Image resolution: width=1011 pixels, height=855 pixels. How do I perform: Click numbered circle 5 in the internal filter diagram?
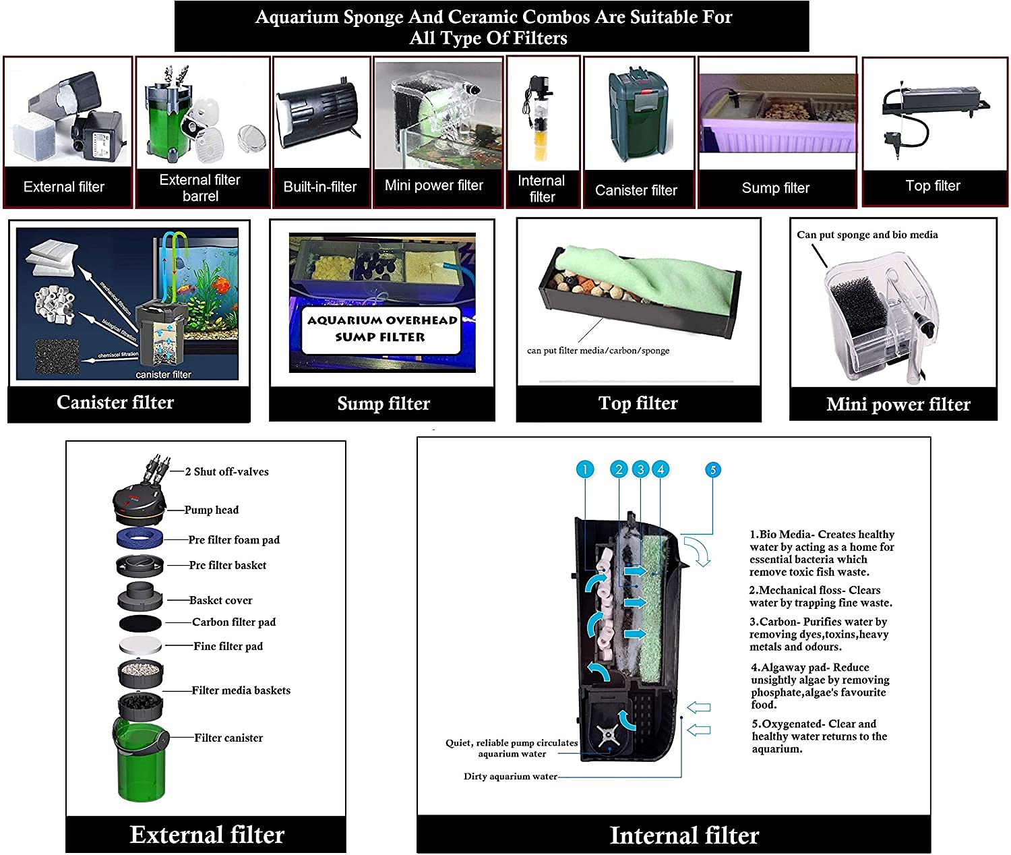[712, 470]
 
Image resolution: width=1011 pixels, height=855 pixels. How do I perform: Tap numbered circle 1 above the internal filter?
[585, 470]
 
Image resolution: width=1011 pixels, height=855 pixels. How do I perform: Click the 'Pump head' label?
[212, 510]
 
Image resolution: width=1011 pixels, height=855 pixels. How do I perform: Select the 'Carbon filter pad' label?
[233, 622]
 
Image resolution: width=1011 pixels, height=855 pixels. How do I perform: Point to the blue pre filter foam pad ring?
[140, 538]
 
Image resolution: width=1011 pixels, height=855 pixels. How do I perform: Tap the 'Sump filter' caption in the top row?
[775, 188]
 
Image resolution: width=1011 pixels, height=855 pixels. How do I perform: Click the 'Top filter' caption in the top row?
[933, 186]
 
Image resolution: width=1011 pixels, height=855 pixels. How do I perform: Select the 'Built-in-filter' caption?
[319, 187]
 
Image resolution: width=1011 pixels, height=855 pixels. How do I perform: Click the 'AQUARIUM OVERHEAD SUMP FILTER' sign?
[381, 328]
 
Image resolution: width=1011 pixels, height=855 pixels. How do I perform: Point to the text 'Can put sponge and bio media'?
[867, 235]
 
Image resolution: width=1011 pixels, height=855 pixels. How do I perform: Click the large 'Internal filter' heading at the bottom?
[684, 835]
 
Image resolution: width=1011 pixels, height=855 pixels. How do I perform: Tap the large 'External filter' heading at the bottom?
[207, 835]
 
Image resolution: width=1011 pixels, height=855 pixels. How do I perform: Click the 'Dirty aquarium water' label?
[510, 777]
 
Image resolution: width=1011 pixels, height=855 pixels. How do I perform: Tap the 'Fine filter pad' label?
[228, 646]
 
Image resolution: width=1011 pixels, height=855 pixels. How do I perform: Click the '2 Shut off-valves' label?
[226, 472]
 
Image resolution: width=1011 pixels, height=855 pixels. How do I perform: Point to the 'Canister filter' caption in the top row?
[636, 191]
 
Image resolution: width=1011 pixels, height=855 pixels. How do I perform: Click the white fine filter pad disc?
[140, 645]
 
